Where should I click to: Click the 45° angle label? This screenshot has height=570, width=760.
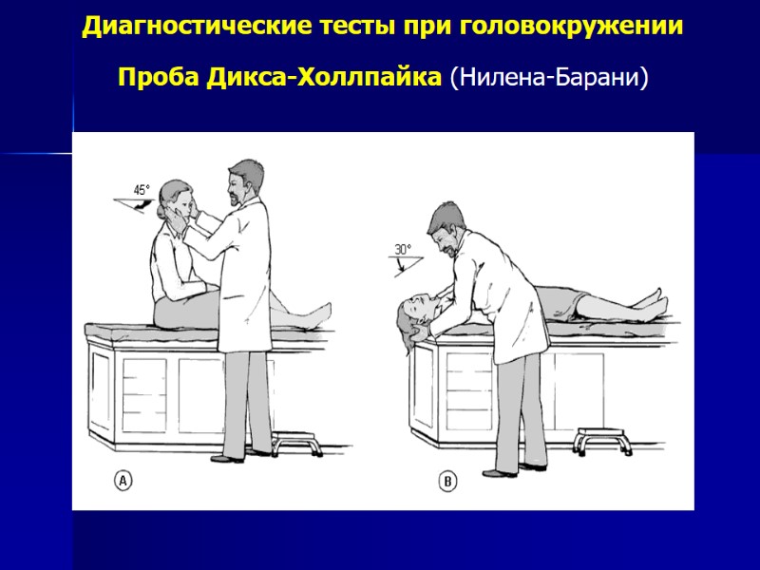[142, 190]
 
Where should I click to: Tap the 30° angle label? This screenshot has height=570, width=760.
[403, 250]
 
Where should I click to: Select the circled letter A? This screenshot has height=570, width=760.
[123, 482]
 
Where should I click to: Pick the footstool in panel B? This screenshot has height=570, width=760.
[597, 442]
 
